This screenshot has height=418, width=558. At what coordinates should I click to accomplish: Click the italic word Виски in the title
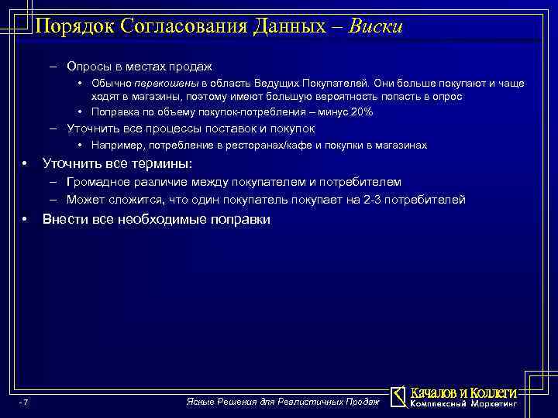point(375,26)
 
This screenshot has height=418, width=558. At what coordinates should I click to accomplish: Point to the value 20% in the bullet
point(362,112)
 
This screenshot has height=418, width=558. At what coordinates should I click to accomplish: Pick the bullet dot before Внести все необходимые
point(26,220)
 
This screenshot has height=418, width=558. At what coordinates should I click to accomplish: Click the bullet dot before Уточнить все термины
point(26,164)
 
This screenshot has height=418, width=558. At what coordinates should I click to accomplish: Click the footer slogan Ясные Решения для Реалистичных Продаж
point(284,401)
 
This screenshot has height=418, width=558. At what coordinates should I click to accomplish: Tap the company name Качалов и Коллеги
point(463,392)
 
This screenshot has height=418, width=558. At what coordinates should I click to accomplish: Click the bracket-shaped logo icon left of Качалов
point(398,396)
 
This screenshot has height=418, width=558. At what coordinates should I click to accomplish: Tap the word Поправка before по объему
point(114,112)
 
